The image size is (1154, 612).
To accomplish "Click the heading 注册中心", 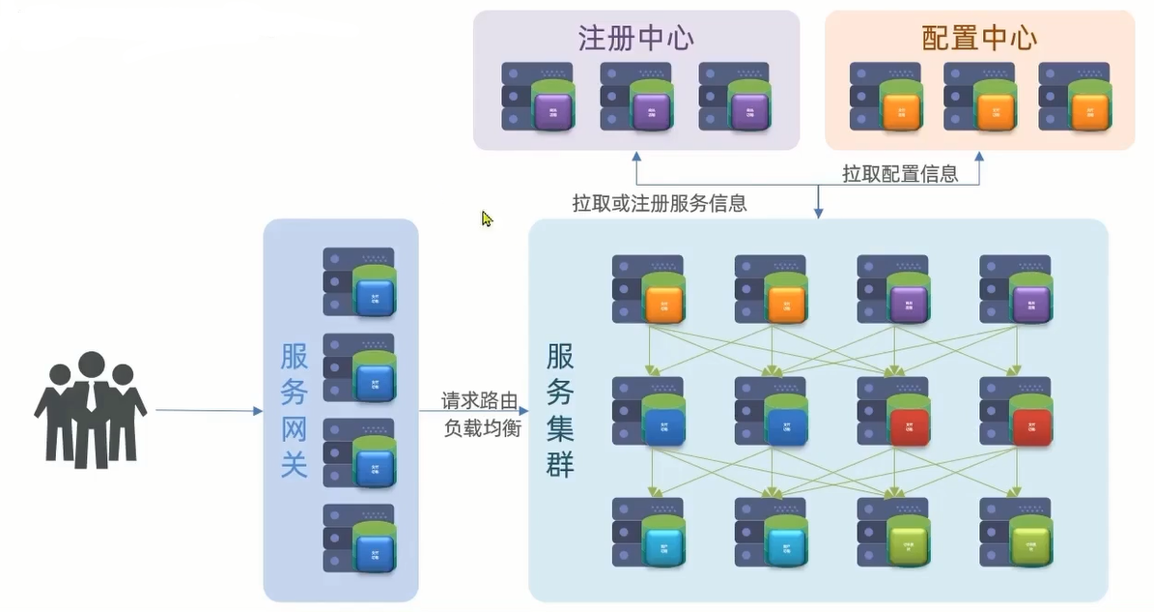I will (635, 38).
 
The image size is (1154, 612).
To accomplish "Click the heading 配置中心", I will (979, 38).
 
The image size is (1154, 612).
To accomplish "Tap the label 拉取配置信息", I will (900, 174).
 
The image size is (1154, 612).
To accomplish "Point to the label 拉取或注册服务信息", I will (660, 204).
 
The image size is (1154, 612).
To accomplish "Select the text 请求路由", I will (480, 400).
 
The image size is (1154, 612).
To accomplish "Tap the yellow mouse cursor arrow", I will (487, 219).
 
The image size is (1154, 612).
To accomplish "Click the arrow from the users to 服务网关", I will (209, 411).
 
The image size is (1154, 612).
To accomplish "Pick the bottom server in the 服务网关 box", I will (359, 539).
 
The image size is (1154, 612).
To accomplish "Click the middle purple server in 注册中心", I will (636, 97).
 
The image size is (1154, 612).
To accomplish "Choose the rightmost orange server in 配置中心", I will (1075, 97).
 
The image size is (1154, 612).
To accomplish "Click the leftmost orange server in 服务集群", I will (649, 289).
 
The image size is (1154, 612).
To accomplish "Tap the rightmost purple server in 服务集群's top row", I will (1016, 289).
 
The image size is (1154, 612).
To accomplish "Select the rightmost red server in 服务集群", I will (1016, 411).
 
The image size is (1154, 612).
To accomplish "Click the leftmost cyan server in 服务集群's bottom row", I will (649, 533).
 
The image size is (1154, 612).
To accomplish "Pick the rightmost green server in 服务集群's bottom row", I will (1016, 533).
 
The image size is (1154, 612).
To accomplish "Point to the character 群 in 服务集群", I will (560, 464).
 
